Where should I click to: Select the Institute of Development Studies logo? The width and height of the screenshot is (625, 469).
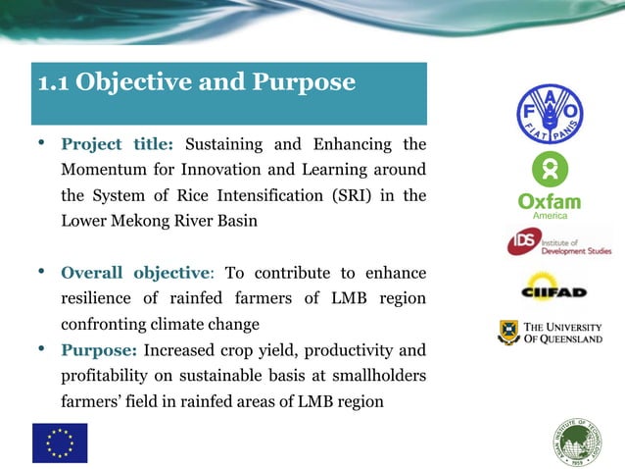tap(556, 241)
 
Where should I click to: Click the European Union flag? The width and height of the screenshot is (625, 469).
tap(60, 443)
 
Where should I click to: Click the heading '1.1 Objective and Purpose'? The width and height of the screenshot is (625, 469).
tap(196, 82)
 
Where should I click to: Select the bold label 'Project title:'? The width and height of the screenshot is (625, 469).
tap(117, 145)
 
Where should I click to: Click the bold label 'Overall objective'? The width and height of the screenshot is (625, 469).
tap(135, 273)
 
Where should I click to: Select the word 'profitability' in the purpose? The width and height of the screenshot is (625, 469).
tap(108, 375)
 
